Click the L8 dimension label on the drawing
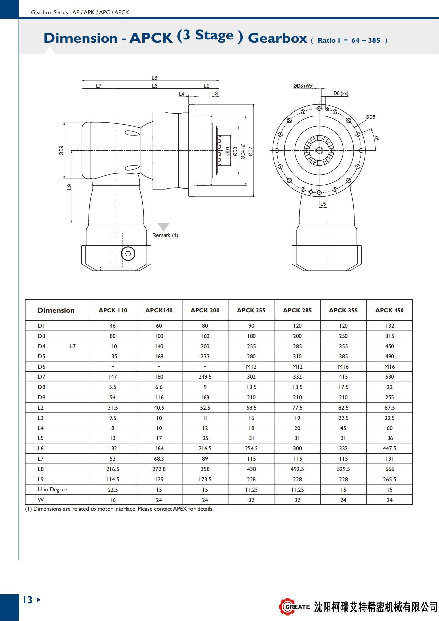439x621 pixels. click(154, 78)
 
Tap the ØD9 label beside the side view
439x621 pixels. click(61, 151)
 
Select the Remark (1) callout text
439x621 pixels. click(165, 235)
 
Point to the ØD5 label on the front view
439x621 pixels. click(370, 117)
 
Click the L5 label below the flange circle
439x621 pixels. click(323, 204)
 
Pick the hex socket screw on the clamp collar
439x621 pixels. click(128, 254)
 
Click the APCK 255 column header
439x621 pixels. click(251, 310)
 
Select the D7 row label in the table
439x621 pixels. click(41, 377)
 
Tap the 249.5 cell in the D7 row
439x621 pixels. click(205, 377)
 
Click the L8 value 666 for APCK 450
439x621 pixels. click(390, 469)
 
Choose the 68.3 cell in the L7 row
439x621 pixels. click(159, 459)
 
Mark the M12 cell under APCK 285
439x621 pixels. click(297, 367)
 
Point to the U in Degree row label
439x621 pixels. click(52, 489)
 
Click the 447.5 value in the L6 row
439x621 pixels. click(390, 448)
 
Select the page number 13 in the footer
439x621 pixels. click(28, 600)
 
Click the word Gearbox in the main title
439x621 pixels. click(277, 38)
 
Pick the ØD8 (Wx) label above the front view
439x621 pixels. click(303, 86)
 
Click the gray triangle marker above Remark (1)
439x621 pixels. click(163, 227)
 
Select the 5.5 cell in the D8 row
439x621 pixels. click(113, 387)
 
